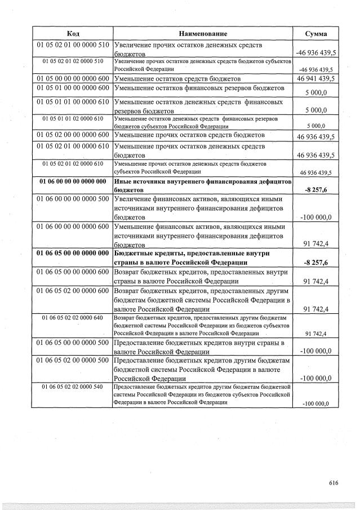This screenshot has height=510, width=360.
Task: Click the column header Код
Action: tap(72, 33)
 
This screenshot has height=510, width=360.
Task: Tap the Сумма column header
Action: tap(316, 33)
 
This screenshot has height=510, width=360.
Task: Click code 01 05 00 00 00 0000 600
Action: tap(72, 78)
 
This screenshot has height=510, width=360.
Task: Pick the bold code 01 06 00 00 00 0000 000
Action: tap(72, 181)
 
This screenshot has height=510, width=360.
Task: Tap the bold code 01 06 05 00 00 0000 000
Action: tap(72, 253)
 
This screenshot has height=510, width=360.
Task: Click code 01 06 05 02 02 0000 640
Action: tap(72, 318)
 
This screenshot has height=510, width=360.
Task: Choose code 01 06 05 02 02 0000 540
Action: tap(72, 387)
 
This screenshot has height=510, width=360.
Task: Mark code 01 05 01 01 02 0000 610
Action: tap(72, 118)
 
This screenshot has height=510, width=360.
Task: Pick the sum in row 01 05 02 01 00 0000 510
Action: tap(315, 53)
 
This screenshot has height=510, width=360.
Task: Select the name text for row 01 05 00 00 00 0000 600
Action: tap(177, 78)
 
